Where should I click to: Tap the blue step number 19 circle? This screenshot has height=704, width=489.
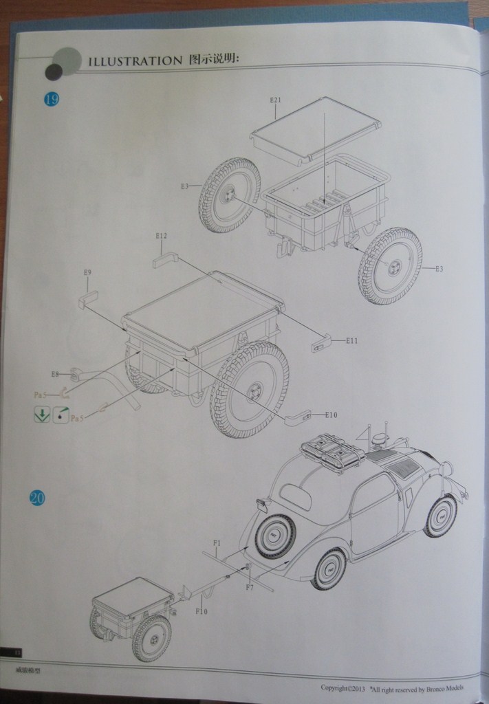pos(52,99)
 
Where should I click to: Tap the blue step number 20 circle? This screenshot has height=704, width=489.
pos(37,498)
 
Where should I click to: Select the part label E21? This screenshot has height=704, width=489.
pos(276,100)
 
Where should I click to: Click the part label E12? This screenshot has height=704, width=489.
pos(162,236)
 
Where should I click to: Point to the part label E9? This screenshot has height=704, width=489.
pos(87,273)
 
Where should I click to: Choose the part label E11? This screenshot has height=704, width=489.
pos(351,340)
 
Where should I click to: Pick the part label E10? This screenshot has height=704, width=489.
pos(331,415)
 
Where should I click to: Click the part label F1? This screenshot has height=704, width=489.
pos(216,543)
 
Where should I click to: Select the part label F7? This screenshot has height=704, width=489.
pos(250,588)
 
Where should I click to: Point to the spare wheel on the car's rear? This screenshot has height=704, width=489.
pos(275,536)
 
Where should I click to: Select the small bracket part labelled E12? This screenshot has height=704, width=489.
pos(165,260)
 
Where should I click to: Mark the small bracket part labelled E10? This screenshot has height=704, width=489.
pos(296,416)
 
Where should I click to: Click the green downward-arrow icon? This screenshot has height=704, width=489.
pos(42,415)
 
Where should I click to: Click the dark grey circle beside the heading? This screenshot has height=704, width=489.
pos(54,71)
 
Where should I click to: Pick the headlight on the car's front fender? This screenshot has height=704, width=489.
pos(446,469)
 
